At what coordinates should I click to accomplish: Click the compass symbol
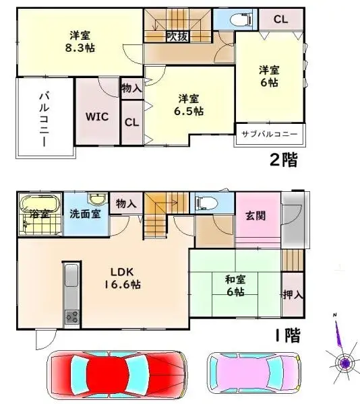tap(344, 363)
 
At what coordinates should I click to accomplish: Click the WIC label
tap(96, 115)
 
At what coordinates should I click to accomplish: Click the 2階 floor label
tap(283, 160)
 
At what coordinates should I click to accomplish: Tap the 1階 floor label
tap(286, 335)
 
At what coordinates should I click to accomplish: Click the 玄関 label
tap(254, 216)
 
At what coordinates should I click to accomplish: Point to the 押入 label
tap(291, 294)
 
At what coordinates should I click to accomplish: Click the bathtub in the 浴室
tap(40, 205)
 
